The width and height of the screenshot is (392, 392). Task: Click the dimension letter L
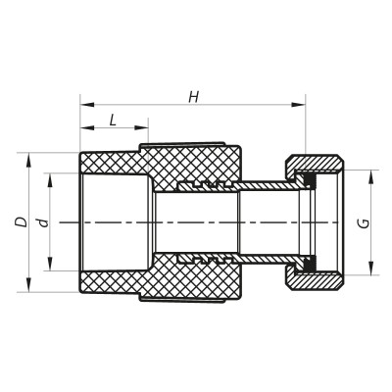(113, 120)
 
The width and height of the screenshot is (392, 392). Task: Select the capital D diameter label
(21, 222)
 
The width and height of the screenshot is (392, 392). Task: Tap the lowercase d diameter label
(42, 222)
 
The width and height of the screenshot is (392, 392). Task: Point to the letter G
(364, 223)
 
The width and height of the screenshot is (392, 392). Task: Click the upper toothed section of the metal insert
(206, 184)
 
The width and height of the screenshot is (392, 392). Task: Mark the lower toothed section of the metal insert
(206, 261)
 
